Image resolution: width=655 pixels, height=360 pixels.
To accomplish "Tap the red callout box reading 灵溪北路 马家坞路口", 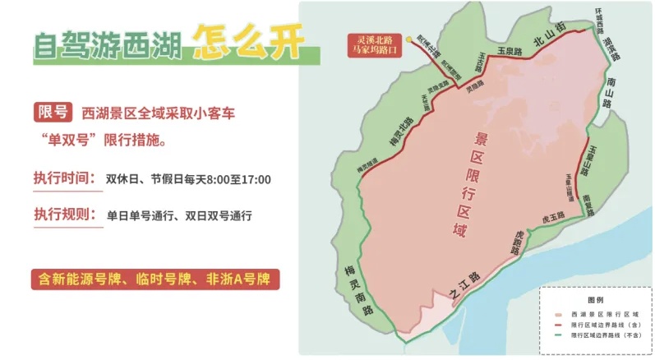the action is (372, 44).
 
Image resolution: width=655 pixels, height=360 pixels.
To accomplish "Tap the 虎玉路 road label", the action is (553, 215).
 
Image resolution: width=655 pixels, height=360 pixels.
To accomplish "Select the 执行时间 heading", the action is (65, 178).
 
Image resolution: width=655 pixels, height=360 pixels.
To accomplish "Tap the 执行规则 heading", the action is (65, 215).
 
